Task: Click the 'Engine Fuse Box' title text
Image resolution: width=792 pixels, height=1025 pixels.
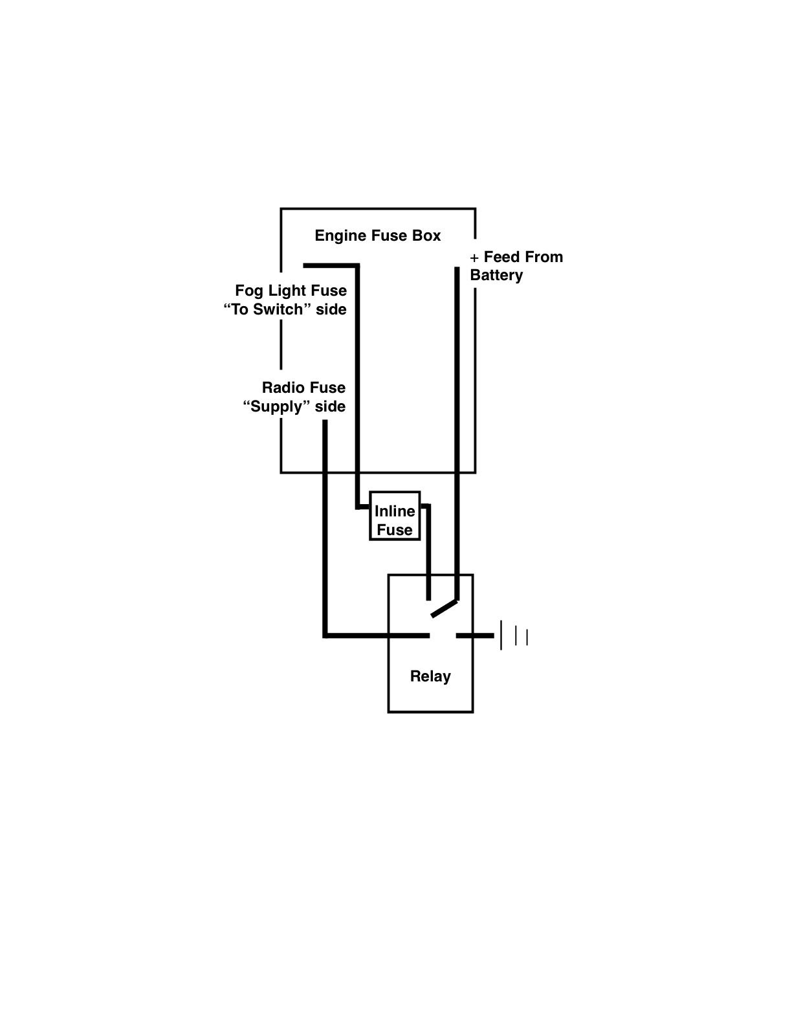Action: click(377, 236)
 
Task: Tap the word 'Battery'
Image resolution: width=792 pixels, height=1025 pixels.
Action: click(496, 275)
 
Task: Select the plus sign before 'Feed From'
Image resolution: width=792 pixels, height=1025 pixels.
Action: click(474, 258)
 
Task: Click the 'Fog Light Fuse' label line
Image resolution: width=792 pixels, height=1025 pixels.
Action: click(291, 291)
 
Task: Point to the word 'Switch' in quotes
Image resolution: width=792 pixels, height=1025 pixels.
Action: click(278, 309)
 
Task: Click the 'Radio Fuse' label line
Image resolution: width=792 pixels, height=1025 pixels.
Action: click(303, 388)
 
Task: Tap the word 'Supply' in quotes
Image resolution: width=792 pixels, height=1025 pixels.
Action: click(276, 407)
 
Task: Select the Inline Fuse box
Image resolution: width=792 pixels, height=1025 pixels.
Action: click(394, 516)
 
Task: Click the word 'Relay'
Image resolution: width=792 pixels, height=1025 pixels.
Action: click(430, 676)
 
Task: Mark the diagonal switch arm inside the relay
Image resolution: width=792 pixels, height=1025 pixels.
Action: click(445, 608)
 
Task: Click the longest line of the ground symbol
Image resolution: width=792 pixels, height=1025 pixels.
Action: click(501, 635)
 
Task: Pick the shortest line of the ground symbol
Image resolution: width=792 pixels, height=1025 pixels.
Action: click(527, 637)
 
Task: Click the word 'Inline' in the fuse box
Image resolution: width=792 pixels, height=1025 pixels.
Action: click(395, 511)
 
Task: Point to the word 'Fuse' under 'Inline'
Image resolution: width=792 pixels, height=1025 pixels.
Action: click(394, 530)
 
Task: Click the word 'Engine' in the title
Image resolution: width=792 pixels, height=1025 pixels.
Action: click(340, 236)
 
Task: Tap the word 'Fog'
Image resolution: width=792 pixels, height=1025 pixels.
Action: click(248, 291)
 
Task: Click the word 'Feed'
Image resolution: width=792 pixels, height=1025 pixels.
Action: click(501, 257)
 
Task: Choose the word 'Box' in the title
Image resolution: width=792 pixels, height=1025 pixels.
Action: click(426, 236)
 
